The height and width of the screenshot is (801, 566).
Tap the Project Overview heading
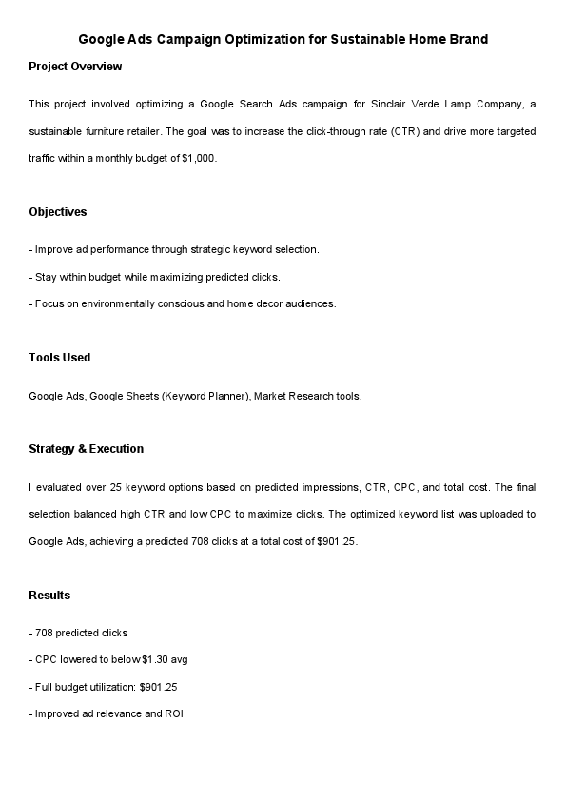click(x=75, y=67)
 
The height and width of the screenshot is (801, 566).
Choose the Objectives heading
click(x=58, y=212)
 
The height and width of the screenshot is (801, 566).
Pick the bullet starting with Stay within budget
click(x=157, y=277)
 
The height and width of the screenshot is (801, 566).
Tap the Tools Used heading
click(x=60, y=358)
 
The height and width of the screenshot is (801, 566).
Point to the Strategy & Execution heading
click(x=86, y=449)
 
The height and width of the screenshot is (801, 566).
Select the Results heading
click(x=49, y=596)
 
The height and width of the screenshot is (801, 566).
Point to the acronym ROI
click(x=173, y=713)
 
